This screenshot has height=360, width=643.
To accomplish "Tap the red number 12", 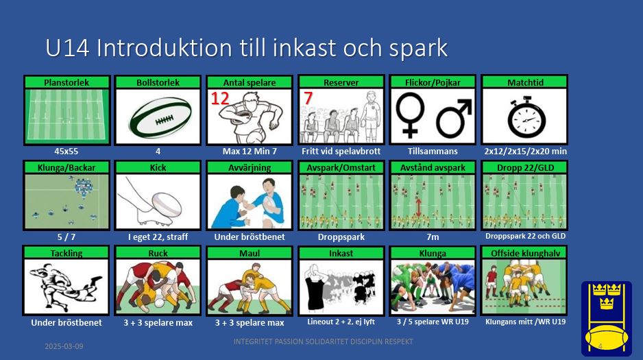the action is (x=220, y=99).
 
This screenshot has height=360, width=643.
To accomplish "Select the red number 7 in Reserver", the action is (x=308, y=99).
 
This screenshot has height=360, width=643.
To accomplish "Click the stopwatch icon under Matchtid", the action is (x=526, y=117).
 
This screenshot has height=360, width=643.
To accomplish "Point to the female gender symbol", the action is (x=410, y=115).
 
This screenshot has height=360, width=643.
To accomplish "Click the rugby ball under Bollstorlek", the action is (x=160, y=118).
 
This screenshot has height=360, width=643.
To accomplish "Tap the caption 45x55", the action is (x=66, y=152).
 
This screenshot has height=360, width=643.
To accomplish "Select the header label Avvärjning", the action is (x=250, y=168).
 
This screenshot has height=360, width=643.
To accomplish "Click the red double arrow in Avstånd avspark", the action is (x=418, y=208).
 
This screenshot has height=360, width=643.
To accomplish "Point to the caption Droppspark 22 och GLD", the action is (x=525, y=236).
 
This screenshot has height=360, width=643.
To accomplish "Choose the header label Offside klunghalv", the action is (x=525, y=254).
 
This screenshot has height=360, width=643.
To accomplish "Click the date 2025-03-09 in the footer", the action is (x=64, y=346).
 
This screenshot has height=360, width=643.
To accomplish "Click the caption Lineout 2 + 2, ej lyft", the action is (x=341, y=322).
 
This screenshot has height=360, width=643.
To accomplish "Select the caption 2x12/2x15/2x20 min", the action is (x=525, y=152).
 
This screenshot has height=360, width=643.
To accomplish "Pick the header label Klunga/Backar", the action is (x=66, y=168).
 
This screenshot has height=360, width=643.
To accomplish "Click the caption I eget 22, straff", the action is (x=158, y=237).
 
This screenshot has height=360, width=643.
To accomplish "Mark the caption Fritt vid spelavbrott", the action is (x=341, y=152).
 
